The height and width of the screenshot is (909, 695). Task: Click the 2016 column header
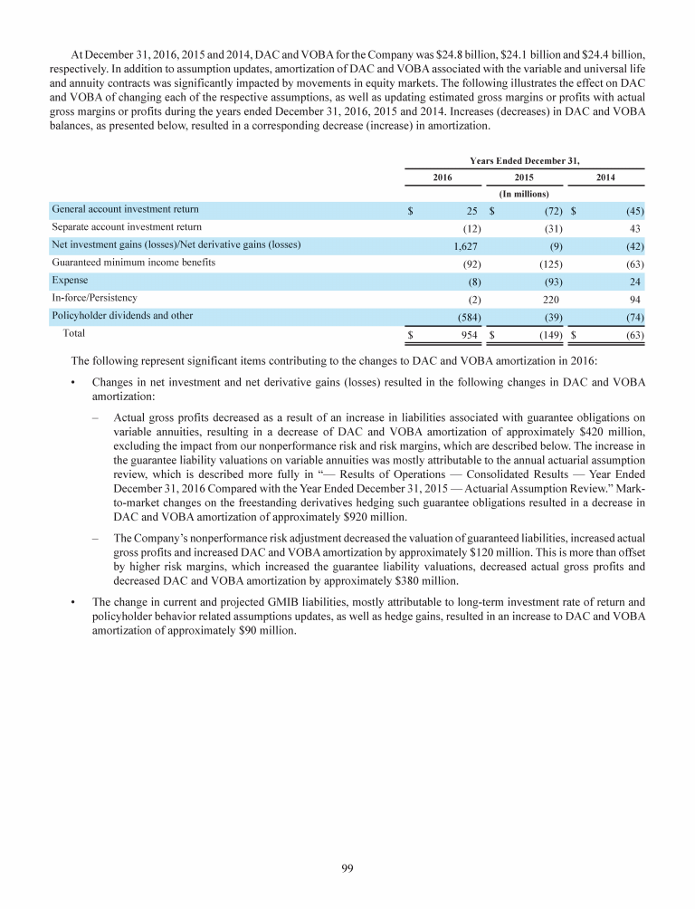(x=442, y=177)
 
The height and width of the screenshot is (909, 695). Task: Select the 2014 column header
(x=605, y=177)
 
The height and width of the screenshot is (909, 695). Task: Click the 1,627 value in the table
(x=466, y=245)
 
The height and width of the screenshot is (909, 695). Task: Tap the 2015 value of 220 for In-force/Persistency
(x=549, y=298)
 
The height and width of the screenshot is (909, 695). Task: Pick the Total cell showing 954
(x=468, y=334)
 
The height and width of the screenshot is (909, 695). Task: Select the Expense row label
(x=70, y=280)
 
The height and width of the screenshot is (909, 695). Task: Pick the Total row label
(x=74, y=333)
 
